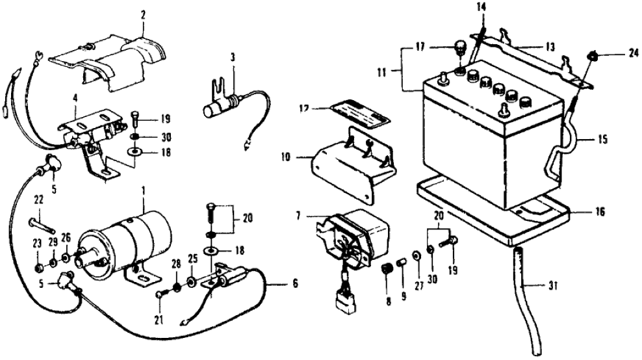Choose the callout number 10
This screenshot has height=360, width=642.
tap(303, 157)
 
